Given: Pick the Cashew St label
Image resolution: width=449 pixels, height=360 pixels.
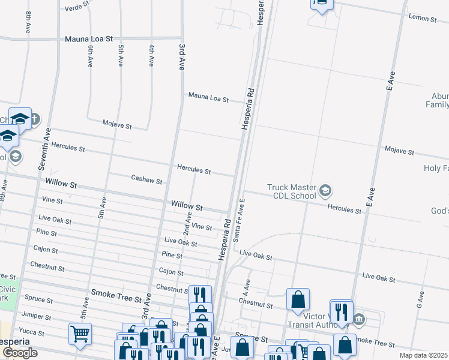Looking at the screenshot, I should tap(146, 179).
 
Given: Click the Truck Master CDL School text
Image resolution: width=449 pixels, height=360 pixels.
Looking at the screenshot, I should tap(292, 191).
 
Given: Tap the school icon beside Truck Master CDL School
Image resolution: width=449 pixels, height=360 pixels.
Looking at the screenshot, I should tap(325, 191).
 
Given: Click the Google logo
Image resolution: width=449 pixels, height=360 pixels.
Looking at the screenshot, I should tap(20, 353).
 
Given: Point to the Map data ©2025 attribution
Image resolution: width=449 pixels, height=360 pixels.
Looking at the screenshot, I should tap(424, 355).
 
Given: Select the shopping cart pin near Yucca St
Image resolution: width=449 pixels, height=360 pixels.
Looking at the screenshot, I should tap(80, 333).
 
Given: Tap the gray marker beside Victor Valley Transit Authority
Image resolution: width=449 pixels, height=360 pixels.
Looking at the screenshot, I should tap(359, 318).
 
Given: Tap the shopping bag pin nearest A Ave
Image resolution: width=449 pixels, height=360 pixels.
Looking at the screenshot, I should tap(298, 299).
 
